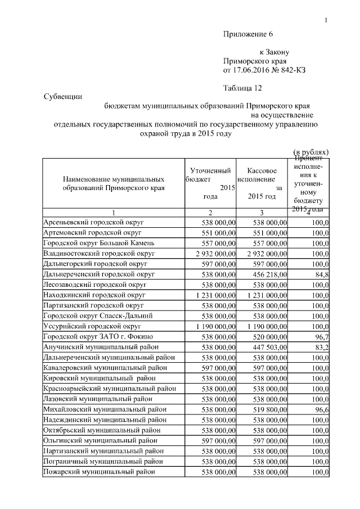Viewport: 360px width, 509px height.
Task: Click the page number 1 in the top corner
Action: tap(326, 21)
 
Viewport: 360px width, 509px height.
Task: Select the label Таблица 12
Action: tap(242, 88)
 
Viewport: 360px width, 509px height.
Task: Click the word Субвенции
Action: tap(63, 96)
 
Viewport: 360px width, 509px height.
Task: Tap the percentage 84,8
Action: tap(321, 274)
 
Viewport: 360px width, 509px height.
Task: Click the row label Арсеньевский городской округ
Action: tap(93, 223)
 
